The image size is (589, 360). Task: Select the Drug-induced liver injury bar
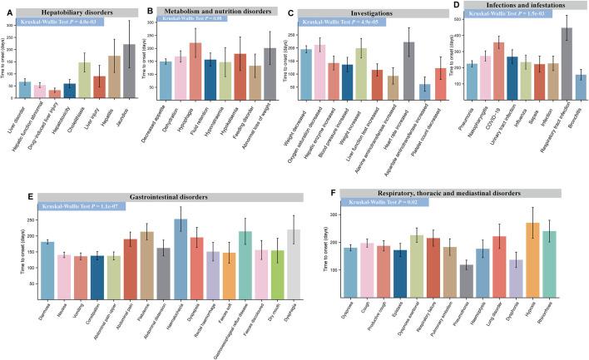pyautogui.click(x=55, y=93)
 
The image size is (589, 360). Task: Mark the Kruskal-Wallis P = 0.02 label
pyautogui.click(x=387, y=202)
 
